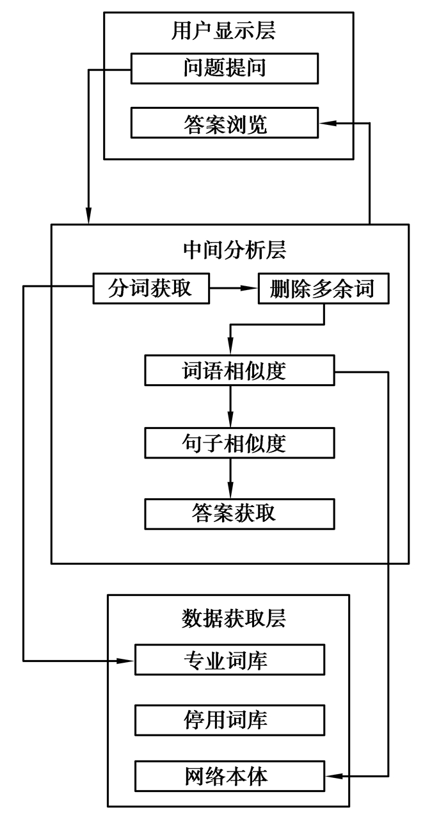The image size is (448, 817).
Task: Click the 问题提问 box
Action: click(x=224, y=69)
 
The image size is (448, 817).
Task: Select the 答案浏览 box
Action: click(x=224, y=123)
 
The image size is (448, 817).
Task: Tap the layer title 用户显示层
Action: click(x=224, y=30)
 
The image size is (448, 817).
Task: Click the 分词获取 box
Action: click(x=151, y=288)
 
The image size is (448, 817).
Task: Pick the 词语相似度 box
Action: click(x=239, y=371)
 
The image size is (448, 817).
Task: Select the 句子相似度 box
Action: click(x=239, y=442)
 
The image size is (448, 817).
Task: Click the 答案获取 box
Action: click(x=239, y=514)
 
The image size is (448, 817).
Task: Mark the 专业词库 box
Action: click(x=230, y=659)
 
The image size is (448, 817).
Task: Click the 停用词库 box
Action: click(x=230, y=720)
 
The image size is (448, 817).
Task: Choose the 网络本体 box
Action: click(x=230, y=776)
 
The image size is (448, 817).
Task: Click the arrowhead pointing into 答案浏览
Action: click(x=326, y=123)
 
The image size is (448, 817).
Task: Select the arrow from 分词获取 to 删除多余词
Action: click(x=233, y=288)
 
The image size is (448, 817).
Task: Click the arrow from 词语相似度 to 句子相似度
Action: click(x=230, y=407)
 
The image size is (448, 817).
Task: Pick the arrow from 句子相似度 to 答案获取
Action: click(x=230, y=477)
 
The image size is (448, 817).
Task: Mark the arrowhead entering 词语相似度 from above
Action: click(x=230, y=349)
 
